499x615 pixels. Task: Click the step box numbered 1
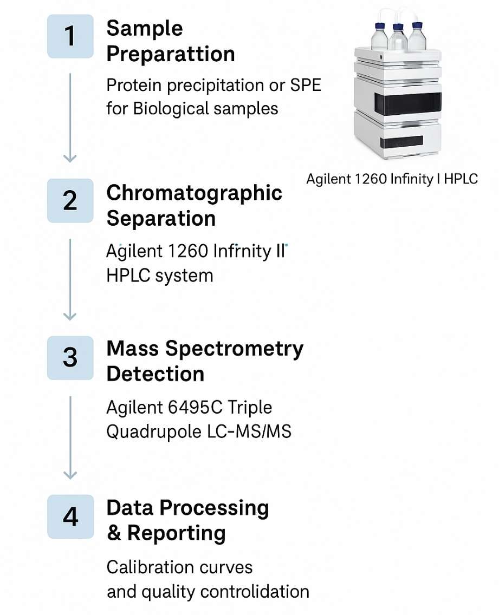click(x=70, y=36)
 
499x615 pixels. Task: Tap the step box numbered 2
click(x=70, y=201)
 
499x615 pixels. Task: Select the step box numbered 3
click(x=70, y=358)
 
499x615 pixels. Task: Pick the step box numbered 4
click(x=70, y=516)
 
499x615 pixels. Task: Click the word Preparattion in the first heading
click(x=171, y=54)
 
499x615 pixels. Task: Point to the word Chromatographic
click(x=195, y=193)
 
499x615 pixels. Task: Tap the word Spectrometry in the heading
click(x=234, y=349)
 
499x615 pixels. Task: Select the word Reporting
click(x=176, y=533)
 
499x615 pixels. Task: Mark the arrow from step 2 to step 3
click(x=70, y=279)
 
